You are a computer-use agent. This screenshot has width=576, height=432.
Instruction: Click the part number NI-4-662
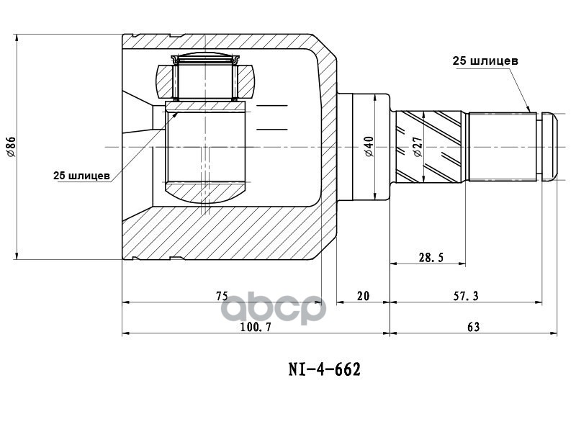(x=324, y=369)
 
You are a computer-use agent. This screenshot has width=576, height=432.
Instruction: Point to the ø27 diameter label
(x=417, y=147)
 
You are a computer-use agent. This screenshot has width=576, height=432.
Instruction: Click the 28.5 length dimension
(x=429, y=256)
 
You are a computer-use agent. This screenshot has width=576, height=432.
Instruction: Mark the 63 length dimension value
(x=473, y=326)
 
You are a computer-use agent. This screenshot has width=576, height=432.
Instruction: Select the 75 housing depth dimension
(x=221, y=295)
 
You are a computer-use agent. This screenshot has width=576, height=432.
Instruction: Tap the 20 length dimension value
(x=363, y=295)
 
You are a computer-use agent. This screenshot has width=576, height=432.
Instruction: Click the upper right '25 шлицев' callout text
(x=485, y=61)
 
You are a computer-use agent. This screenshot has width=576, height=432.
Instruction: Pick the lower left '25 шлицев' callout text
(x=81, y=175)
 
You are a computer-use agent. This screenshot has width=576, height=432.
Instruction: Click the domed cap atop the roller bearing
(x=205, y=58)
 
